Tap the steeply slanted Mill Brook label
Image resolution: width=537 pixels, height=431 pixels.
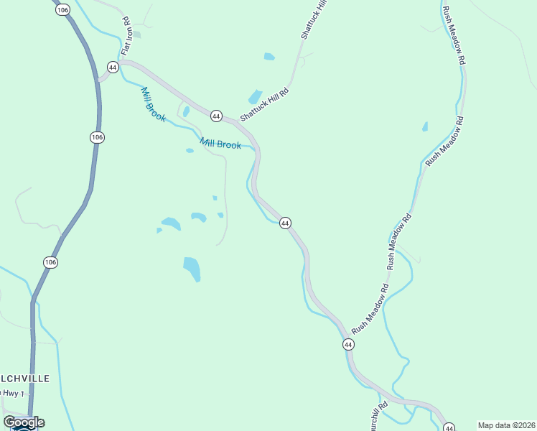click(153, 104)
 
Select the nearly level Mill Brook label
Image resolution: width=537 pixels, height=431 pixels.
click(220, 144)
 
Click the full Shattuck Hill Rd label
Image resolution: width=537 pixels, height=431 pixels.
click(264, 105)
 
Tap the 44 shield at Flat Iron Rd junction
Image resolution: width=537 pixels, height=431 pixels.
click(112, 67)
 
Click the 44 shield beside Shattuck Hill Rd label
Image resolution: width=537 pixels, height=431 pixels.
click(215, 115)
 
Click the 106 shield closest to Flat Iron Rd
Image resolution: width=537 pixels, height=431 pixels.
click(62, 9)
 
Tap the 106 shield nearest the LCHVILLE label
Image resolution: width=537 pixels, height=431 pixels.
click(50, 262)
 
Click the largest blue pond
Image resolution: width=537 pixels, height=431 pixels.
click(192, 269)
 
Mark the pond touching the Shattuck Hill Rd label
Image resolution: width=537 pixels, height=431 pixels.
click(255, 96)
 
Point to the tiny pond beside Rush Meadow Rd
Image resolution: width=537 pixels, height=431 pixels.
click(425, 127)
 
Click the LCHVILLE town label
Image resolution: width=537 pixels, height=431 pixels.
click(25, 378)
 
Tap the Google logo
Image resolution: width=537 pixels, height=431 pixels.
click(24, 422)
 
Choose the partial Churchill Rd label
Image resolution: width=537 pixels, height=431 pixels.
click(380, 415)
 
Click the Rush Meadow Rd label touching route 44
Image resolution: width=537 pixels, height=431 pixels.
click(370, 307)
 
